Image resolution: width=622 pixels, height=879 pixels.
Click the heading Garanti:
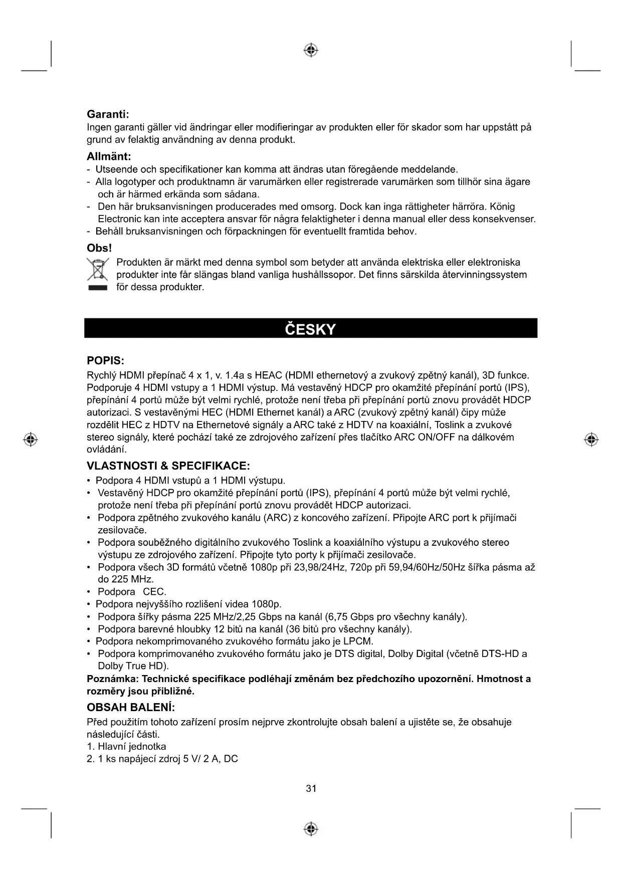click(x=108, y=115)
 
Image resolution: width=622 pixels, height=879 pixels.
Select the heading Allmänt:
click(x=109, y=157)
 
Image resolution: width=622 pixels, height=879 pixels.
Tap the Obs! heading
click(x=99, y=248)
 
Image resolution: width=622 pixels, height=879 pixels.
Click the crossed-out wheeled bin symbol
click(x=98, y=269)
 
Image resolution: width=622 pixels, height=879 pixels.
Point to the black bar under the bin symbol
click(x=98, y=288)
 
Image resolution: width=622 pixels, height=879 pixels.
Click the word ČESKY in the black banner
click(x=310, y=329)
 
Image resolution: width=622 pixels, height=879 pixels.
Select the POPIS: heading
click(x=105, y=361)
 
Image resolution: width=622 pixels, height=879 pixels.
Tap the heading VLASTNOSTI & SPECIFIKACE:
click(x=168, y=466)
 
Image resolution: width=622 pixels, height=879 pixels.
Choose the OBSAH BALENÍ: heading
click(x=131, y=708)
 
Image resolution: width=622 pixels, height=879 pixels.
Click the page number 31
click(x=311, y=789)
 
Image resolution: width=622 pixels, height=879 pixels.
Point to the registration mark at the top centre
click(x=311, y=50)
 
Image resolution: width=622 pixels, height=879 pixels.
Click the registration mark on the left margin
click(x=31, y=439)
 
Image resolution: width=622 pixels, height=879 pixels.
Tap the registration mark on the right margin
click(x=591, y=439)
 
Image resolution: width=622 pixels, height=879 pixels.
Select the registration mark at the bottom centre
click(x=311, y=829)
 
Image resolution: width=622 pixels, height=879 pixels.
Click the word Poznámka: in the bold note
click(x=113, y=679)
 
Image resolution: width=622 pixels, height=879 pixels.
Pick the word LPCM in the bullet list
click(x=360, y=641)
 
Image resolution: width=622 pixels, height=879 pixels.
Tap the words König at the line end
click(x=502, y=206)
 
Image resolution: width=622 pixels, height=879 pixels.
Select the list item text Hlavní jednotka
click(x=132, y=747)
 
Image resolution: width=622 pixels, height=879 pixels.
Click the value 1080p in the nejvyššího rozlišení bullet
click(x=266, y=604)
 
